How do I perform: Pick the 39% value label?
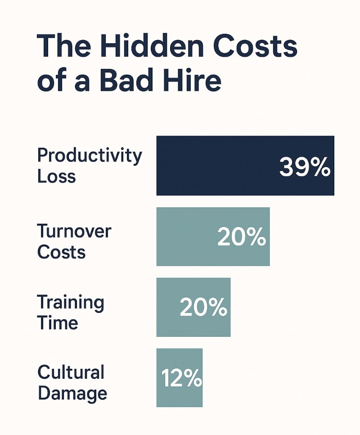coord(305,168)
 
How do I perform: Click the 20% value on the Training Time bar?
coord(203,308)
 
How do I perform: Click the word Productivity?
coord(90,156)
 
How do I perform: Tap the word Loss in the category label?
coord(56,176)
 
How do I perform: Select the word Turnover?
coord(74,231)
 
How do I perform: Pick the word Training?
coord(71,302)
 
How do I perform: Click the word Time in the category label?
coord(58,322)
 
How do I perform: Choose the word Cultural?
coord(71,372)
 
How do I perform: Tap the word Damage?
coord(72,393)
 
